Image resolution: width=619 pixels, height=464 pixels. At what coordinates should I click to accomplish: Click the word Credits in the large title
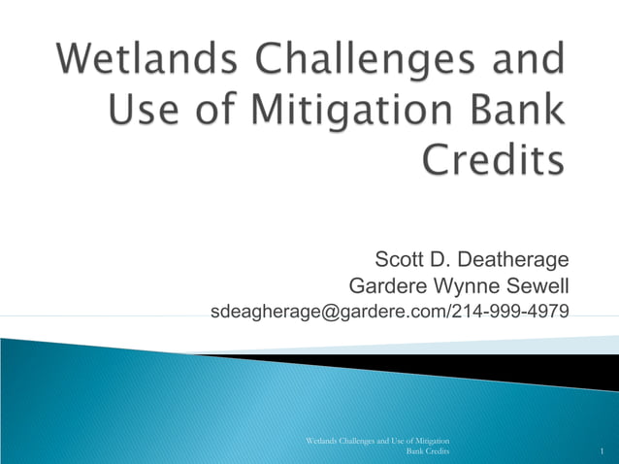pyautogui.click(x=493, y=158)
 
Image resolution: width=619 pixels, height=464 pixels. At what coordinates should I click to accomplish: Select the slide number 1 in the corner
pyautogui.click(x=603, y=453)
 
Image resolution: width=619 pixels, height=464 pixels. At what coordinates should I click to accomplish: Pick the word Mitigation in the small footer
pyautogui.click(x=428, y=442)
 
